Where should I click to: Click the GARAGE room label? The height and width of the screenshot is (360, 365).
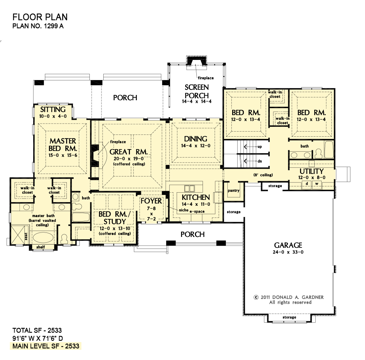[x=288, y=245]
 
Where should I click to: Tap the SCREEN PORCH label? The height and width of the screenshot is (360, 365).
[x=197, y=91]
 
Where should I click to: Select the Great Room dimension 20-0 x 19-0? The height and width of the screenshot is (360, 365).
[x=128, y=159]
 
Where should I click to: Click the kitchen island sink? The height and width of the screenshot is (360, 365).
[x=189, y=188]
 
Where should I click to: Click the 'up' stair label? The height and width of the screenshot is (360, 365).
[x=260, y=147]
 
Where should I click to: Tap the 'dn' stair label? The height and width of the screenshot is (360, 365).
[x=260, y=161]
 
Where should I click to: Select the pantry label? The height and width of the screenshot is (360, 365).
[x=234, y=191]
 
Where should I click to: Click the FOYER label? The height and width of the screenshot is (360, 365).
[x=151, y=201]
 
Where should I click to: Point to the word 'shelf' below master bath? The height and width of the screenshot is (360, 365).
[x=41, y=247]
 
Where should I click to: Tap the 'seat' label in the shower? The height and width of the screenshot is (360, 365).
[x=26, y=236]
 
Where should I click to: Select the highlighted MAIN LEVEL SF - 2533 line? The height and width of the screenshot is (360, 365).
[x=46, y=346]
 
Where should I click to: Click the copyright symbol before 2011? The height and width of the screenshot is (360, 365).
[x=256, y=297]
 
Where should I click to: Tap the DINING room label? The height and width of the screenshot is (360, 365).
[x=196, y=139]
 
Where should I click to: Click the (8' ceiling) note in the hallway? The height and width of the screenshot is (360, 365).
[x=263, y=175]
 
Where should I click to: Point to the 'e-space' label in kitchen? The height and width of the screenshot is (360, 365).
[x=197, y=212]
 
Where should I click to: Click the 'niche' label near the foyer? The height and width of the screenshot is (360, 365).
[x=184, y=210]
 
